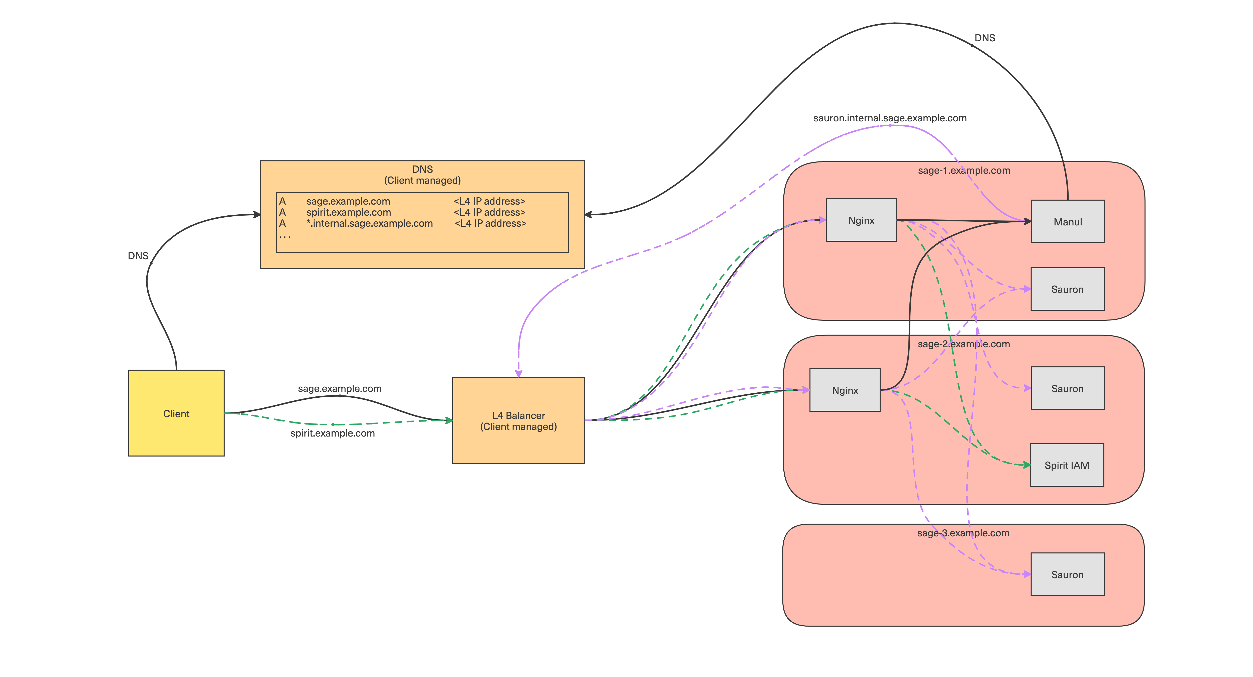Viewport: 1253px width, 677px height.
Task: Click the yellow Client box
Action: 176,413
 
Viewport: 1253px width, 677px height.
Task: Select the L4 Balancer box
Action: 518,420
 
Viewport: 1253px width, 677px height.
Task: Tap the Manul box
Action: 1068,221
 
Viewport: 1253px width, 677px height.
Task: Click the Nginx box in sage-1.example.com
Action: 861,220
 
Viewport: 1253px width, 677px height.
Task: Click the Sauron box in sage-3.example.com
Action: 1068,574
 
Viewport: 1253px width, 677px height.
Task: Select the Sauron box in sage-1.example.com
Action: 1068,289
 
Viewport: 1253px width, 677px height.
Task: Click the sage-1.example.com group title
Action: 964,170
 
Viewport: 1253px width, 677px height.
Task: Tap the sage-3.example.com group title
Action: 963,533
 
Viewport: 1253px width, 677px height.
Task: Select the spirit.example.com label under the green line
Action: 333,433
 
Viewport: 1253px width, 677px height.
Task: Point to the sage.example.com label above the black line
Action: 340,388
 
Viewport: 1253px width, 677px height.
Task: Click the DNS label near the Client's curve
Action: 138,256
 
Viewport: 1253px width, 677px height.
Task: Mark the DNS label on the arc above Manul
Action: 985,38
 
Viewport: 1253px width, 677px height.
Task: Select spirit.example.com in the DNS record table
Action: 349,212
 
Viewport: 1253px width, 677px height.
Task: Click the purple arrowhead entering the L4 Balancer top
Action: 518,373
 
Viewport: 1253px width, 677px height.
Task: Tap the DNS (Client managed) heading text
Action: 422,175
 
